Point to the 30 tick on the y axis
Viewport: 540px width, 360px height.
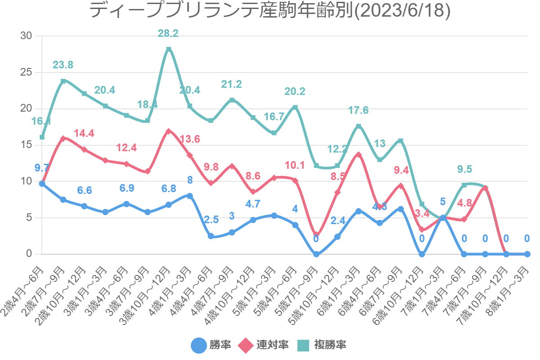pyautogui.click(x=27, y=36)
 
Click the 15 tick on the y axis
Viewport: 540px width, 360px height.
pyautogui.click(x=27, y=145)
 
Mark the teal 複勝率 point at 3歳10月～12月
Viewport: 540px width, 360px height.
pyautogui.click(x=169, y=49)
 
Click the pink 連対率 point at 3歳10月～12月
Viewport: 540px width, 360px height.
pyautogui.click(x=169, y=131)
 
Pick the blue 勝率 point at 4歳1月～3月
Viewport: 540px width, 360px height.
pyautogui.click(x=190, y=196)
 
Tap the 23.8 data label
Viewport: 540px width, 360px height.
pyautogui.click(x=63, y=65)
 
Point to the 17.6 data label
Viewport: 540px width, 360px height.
pyautogui.click(x=359, y=110)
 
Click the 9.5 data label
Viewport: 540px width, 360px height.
pyautogui.click(x=464, y=169)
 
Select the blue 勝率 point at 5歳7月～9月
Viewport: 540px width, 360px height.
pyautogui.click(x=316, y=254)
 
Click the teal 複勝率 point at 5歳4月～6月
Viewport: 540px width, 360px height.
pyautogui.click(x=295, y=107)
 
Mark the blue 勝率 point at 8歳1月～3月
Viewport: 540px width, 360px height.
pyautogui.click(x=527, y=254)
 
